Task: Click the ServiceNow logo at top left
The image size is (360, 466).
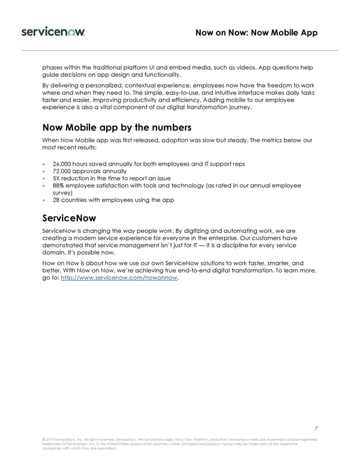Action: (53, 31)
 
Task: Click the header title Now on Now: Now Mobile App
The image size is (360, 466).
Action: (256, 32)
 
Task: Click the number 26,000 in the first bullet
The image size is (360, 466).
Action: (63, 163)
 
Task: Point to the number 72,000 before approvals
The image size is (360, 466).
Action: (63, 171)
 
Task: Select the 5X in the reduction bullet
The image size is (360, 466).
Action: (57, 178)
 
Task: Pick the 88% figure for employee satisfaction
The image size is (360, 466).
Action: (59, 186)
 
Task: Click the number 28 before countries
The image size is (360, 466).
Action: (56, 200)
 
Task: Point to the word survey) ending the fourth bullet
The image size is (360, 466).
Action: (64, 193)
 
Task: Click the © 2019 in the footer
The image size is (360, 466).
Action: (50, 440)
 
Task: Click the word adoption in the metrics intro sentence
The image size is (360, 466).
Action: (175, 140)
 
